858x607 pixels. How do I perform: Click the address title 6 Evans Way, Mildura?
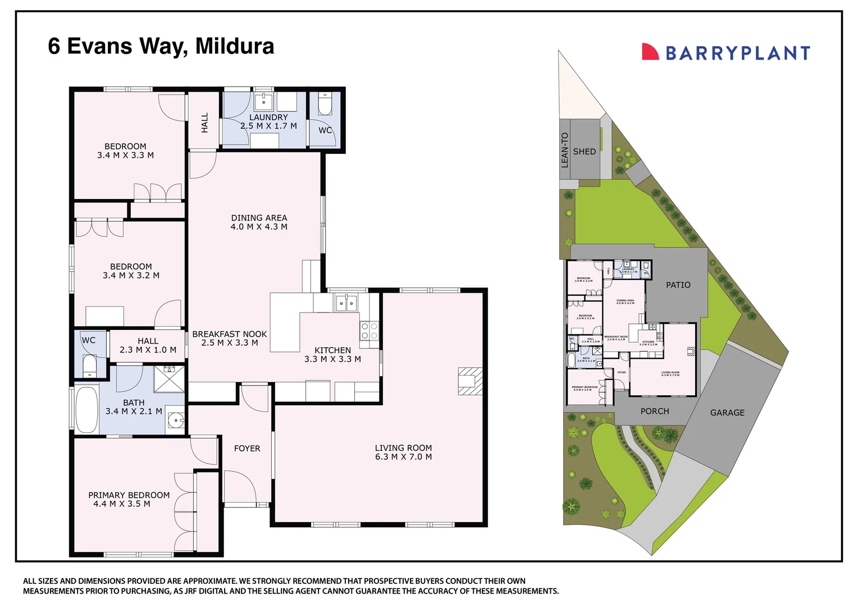click(161, 46)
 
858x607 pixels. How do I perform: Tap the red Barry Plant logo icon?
click(650, 52)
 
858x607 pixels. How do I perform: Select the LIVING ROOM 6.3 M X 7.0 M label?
click(403, 452)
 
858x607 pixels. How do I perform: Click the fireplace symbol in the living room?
click(470, 381)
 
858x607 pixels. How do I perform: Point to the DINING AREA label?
click(259, 222)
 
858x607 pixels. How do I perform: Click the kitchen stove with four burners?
click(369, 331)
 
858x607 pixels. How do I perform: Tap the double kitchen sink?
click(346, 303)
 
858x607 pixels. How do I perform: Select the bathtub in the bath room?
click(86, 409)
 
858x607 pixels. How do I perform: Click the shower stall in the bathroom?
click(169, 378)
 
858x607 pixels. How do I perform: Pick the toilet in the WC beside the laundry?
click(325, 104)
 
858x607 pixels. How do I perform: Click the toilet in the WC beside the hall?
click(89, 365)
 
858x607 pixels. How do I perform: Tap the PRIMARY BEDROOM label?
click(129, 499)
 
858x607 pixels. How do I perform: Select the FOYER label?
click(247, 449)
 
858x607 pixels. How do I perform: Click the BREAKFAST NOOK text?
click(230, 338)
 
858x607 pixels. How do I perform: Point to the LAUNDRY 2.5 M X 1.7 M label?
click(268, 121)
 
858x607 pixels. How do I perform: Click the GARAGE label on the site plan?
click(727, 413)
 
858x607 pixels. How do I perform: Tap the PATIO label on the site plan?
click(678, 285)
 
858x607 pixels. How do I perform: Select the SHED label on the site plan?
click(584, 152)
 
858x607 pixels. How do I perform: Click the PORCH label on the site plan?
click(655, 411)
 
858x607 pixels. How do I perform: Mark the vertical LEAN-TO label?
click(565, 150)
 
